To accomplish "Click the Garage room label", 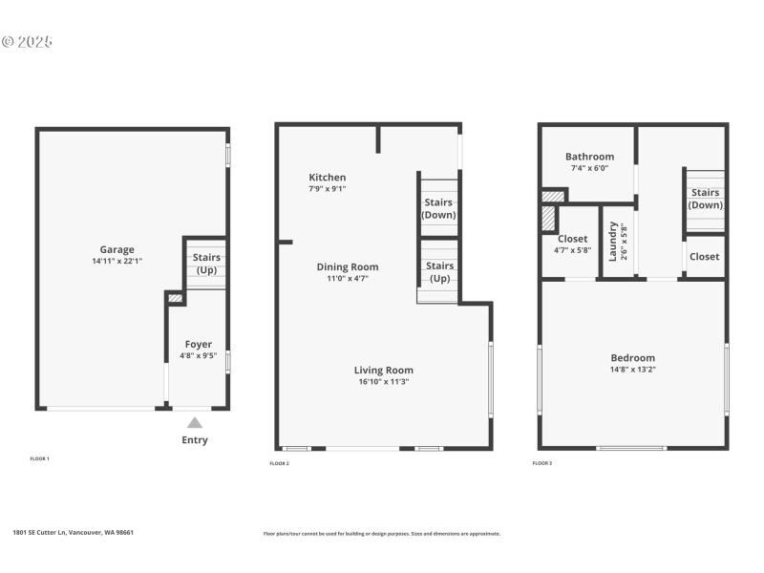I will coord(117,249).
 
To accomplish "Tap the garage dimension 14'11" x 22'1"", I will coord(117,261).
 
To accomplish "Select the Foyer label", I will coord(199,344).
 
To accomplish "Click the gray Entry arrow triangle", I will coord(195,422).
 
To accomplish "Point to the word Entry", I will coord(195,440).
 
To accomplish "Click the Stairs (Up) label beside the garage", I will coord(206,264).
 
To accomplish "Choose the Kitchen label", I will coord(327,178).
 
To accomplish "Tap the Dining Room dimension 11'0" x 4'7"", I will coord(348,278).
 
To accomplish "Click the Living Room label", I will coord(383,370).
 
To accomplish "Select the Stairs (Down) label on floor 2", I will coord(439,208).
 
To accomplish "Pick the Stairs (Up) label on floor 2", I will coord(439,271).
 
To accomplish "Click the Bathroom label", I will coord(589,157).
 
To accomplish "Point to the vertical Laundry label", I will coord(612,242).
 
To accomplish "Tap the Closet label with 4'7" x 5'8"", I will coord(573,239).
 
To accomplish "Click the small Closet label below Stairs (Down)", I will coord(705,256).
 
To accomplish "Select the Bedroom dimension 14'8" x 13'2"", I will coord(633,370).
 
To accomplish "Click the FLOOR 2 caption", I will coord(279,463).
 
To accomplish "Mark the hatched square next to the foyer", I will coord(175,299).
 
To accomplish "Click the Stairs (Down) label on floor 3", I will coord(705,199).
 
